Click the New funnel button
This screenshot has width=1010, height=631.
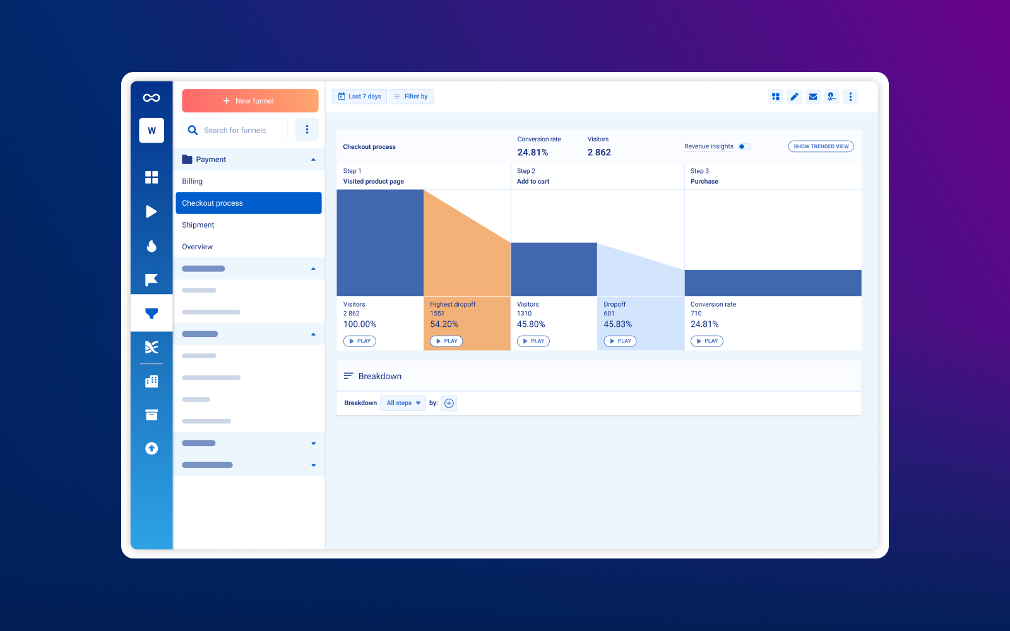[250, 101]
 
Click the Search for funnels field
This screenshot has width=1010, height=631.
[235, 131]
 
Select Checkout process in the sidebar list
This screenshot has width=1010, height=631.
[248, 203]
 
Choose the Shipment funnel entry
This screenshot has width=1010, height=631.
[198, 225]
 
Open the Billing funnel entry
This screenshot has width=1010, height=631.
[193, 182]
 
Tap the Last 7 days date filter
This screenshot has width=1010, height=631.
[359, 97]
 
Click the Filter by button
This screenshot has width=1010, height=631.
[411, 97]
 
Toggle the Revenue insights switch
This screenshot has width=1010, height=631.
[744, 146]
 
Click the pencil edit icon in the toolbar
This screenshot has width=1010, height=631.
[794, 97]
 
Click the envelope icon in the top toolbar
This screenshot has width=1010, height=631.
[813, 97]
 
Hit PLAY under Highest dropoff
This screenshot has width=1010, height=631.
[446, 341]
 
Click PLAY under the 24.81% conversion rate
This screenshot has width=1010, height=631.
[707, 341]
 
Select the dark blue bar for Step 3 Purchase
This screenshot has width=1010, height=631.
[773, 283]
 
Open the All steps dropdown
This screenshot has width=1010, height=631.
[403, 403]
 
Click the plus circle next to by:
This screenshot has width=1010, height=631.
[449, 403]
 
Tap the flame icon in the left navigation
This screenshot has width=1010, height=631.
[151, 245]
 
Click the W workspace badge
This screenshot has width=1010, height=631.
[151, 131]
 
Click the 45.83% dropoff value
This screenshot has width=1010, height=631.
[617, 324]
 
